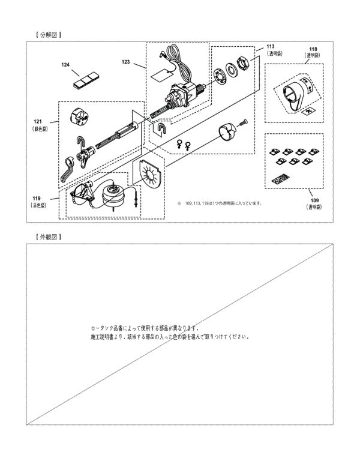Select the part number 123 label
[126, 61]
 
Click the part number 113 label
[271, 46]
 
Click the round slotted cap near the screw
[227, 133]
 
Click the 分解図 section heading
[49, 35]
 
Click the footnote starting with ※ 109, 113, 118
[219, 203]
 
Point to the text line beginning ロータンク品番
[145, 328]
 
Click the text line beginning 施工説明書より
[169, 337]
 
